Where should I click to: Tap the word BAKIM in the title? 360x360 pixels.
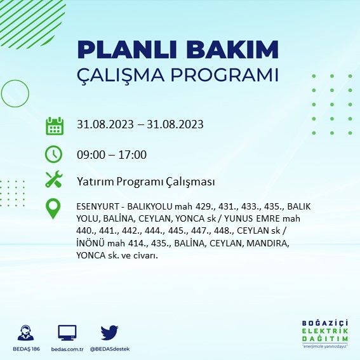point(232,50)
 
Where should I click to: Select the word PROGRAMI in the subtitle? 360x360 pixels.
point(224,75)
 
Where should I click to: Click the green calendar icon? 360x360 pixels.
point(55,126)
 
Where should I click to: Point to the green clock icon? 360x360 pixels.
point(53,154)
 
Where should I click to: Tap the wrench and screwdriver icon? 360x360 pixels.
point(54,179)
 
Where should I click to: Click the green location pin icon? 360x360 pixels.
point(53,208)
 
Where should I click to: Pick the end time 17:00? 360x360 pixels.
point(132,155)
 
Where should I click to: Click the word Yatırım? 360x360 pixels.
point(95,182)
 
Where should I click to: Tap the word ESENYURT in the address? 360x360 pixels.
point(98,206)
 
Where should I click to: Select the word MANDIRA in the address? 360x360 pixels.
point(268,243)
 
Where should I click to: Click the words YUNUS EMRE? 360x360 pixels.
point(252,218)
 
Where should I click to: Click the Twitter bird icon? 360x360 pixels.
point(109,332)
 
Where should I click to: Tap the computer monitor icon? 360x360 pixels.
point(67,333)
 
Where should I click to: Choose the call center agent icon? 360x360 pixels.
point(25,333)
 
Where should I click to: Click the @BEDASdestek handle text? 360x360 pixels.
point(110,349)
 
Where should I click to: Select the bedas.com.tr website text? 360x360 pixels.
point(67,349)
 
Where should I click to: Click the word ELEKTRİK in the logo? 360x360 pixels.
point(325,331)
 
